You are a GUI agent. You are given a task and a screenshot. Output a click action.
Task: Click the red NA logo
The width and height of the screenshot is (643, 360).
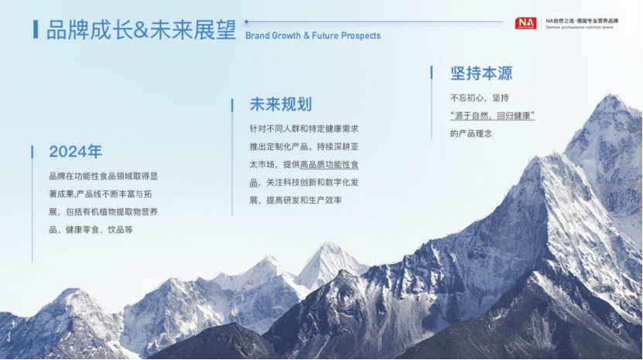tap(525, 23)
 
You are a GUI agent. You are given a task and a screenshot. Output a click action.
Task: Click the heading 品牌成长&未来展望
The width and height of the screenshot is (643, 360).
tap(141, 30)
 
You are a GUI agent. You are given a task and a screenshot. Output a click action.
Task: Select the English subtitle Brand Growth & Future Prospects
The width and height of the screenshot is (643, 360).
tap(313, 36)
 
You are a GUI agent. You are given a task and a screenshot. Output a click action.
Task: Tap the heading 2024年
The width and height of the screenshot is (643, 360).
tap(76, 152)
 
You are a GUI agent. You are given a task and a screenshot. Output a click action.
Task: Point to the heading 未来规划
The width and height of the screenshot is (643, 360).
tap(281, 105)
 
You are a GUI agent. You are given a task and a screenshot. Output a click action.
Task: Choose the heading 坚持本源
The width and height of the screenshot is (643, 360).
tap(481, 74)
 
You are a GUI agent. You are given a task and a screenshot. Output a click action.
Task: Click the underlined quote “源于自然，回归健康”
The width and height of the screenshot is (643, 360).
tap(492, 116)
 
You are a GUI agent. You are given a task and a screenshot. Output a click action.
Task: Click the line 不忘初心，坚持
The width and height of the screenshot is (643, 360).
tap(480, 98)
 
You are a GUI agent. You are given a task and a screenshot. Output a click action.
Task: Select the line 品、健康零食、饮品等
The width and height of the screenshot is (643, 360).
tap(91, 230)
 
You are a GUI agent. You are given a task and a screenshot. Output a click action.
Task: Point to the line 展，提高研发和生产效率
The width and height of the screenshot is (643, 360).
tap(296, 201)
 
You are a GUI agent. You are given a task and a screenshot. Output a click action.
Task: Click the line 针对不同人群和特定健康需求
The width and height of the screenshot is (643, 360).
tap(304, 129)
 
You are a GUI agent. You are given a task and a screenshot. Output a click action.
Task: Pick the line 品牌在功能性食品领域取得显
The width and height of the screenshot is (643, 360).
tap(104, 177)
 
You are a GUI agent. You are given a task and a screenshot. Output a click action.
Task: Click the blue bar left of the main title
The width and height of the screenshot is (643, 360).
tap(36, 29)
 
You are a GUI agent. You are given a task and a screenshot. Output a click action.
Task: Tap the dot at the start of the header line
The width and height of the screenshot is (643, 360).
tap(247, 22)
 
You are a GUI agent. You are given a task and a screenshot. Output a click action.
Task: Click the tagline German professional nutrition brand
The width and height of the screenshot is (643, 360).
tap(579, 28)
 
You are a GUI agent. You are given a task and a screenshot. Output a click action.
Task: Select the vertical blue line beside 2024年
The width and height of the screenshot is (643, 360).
tap(32, 204)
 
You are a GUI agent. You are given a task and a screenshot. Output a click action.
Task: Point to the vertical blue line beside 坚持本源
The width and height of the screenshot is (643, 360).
tap(432, 102)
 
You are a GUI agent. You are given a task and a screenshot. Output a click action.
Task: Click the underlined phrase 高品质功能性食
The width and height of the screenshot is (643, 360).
tap(330, 165)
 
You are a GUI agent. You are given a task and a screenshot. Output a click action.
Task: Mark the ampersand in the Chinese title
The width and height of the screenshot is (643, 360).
tap(141, 30)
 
